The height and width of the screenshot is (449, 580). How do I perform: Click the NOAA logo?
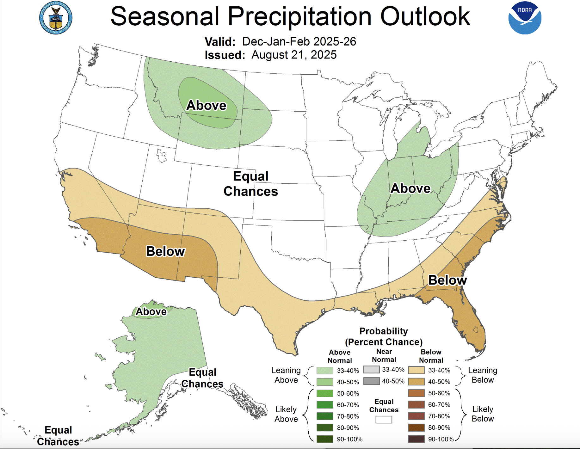click(x=525, y=18)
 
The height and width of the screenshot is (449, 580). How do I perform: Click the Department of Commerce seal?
click(x=56, y=18)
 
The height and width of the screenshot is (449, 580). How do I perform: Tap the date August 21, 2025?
click(x=294, y=55)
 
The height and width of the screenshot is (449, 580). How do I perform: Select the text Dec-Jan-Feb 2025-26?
click(x=299, y=41)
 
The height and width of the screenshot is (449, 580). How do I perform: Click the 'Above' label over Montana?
click(x=206, y=105)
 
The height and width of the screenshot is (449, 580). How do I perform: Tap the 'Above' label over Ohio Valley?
click(x=410, y=188)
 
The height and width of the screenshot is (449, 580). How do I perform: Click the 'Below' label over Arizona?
click(x=165, y=251)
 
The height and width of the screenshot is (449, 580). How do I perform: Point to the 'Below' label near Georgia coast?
click(x=447, y=280)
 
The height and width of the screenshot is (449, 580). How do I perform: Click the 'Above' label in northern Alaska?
click(x=151, y=311)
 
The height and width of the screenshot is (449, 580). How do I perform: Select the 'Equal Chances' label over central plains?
click(x=250, y=184)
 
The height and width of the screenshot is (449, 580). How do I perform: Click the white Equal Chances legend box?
click(x=384, y=420)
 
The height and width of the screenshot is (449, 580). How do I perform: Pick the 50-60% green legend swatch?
click(x=325, y=393)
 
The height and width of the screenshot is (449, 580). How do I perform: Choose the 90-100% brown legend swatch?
click(x=416, y=439)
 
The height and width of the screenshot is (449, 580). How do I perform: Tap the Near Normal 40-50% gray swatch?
click(x=371, y=381)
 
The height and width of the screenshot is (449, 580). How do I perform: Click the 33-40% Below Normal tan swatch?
click(x=416, y=370)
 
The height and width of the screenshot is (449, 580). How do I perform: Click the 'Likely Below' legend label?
click(x=482, y=414)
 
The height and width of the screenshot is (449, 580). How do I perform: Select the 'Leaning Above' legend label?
click(x=286, y=375)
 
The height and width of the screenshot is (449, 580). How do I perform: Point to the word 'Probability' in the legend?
click(x=384, y=331)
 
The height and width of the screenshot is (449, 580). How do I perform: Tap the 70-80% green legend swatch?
click(x=325, y=416)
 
